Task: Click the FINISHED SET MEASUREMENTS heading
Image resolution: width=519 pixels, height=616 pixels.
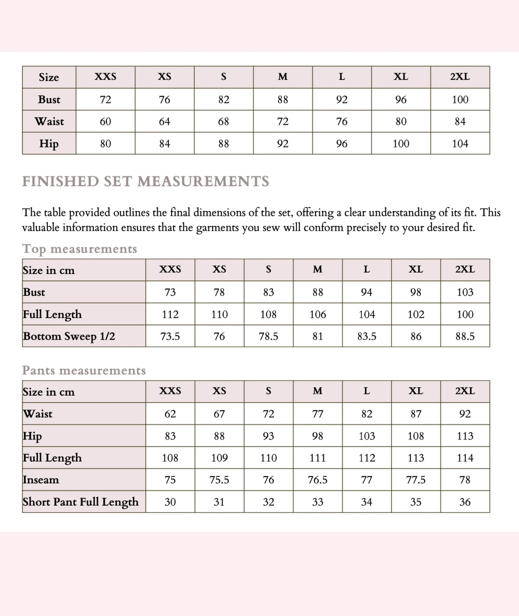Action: [146, 181]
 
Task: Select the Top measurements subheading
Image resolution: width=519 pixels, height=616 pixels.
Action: [80, 249]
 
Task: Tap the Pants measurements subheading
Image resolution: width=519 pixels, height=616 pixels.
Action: [84, 371]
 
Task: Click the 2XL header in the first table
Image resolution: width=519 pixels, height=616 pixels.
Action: [460, 77]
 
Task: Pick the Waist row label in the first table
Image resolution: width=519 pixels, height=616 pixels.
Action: [49, 121]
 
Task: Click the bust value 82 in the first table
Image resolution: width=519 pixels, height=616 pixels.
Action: [224, 100]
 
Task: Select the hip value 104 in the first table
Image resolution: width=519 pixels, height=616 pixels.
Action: [460, 144]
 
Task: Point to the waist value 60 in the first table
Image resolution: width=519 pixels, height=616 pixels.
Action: [106, 122]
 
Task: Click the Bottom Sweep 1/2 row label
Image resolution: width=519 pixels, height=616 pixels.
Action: [69, 336]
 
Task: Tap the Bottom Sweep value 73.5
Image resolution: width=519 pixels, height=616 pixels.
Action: [170, 337]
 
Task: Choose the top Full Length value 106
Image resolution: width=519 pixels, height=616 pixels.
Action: [317, 314]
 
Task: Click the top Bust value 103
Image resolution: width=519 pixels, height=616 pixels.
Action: [465, 292]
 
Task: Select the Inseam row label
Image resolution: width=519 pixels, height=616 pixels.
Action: [41, 480]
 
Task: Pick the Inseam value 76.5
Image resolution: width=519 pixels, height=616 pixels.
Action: [317, 480]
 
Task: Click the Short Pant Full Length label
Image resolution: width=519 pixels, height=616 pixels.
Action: [81, 502]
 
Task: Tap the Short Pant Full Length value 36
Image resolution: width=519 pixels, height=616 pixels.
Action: [465, 502]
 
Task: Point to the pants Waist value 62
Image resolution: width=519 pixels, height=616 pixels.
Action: [170, 414]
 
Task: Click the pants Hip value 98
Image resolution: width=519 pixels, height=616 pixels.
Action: [317, 436]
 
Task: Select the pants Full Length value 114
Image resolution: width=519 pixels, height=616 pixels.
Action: [465, 458]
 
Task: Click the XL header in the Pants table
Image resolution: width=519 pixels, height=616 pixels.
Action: [416, 391]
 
